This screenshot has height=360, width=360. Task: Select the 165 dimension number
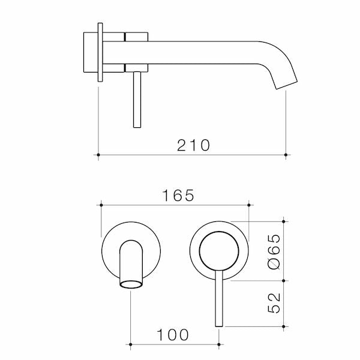click(x=178, y=196)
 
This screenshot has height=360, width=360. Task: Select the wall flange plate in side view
click(x=100, y=53)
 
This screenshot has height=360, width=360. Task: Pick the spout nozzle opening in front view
click(x=131, y=284)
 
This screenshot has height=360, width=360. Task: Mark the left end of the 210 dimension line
click(x=98, y=155)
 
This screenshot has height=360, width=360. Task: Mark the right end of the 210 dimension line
click(x=286, y=155)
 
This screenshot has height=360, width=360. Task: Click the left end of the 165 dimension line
click(x=101, y=206)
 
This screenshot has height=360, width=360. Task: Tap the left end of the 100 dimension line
click(x=131, y=344)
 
